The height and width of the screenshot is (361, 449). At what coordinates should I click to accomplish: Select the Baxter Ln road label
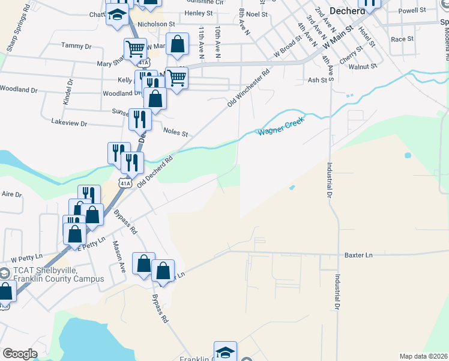click(x=358, y=255)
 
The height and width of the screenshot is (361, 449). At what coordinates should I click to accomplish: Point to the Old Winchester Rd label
click(x=249, y=88)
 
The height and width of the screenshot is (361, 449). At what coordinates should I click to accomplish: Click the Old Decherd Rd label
click(x=155, y=172)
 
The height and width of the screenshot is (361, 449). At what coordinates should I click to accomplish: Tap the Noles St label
click(x=176, y=133)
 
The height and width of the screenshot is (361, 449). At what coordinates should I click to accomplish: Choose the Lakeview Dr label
click(x=69, y=123)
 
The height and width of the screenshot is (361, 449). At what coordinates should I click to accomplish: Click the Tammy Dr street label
click(x=76, y=46)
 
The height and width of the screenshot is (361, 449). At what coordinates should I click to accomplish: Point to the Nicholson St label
click(x=155, y=25)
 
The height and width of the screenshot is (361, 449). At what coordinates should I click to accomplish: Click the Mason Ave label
click(x=118, y=257)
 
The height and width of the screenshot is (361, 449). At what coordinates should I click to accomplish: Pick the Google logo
click(x=20, y=354)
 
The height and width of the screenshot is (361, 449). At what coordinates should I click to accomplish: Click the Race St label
click(x=402, y=39)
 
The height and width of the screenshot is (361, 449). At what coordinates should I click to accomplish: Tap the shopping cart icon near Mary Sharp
click(x=136, y=49)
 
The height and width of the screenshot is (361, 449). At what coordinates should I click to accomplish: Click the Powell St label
click(x=411, y=11)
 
